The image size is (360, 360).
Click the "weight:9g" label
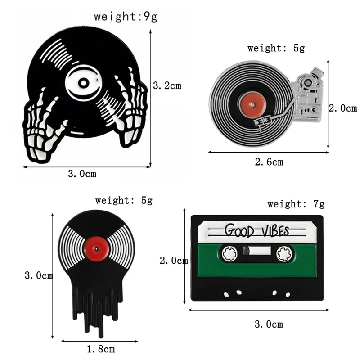point(126,17)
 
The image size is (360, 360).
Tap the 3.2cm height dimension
point(167,85)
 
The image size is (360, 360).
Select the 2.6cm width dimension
point(269,162)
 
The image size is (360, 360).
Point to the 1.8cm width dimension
point(100,349)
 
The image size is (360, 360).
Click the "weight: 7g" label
point(296,204)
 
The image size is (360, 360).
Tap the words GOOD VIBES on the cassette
point(256,231)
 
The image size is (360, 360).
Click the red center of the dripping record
point(97,246)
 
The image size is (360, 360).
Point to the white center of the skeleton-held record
point(83,83)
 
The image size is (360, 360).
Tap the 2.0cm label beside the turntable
point(343,108)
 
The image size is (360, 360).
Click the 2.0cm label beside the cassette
point(174,261)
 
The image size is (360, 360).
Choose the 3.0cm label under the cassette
point(269,324)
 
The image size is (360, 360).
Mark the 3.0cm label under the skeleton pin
point(82,174)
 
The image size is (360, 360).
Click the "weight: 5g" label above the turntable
point(276,48)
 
